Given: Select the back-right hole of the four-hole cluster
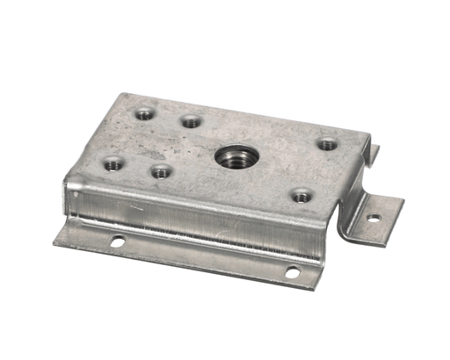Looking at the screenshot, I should [191, 122].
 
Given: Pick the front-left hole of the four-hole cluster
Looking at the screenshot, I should [112, 162].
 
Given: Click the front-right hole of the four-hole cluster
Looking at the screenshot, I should [159, 171].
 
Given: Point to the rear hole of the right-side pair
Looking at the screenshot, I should [327, 144].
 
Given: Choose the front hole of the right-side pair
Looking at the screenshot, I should [301, 196].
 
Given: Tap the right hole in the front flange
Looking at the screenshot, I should [292, 272].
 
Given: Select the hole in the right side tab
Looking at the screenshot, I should [374, 217].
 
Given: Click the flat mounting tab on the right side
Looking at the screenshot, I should [375, 215].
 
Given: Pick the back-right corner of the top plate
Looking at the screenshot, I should [364, 131].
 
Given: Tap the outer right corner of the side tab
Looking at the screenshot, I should [403, 204].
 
